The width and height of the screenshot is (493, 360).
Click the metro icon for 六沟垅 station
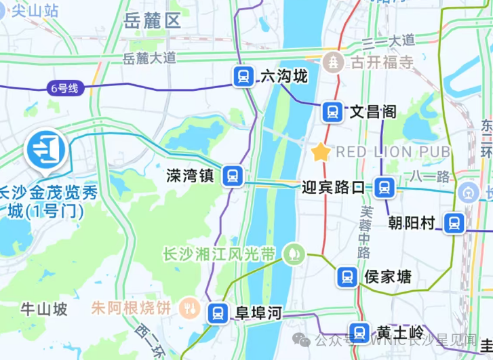point(243,77)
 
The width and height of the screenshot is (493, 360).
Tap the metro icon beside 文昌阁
point(332,111)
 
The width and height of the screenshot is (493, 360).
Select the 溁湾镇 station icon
point(233,176)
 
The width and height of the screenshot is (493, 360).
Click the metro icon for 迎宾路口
point(384,186)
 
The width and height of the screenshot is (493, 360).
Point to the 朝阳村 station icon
point(454,222)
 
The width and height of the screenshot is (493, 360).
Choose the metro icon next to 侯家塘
point(347,277)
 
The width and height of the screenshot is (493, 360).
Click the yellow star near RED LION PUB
point(320,152)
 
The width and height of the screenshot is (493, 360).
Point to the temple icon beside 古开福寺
point(334,62)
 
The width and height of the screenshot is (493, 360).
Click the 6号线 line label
point(64,87)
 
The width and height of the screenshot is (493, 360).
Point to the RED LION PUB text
point(393,151)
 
